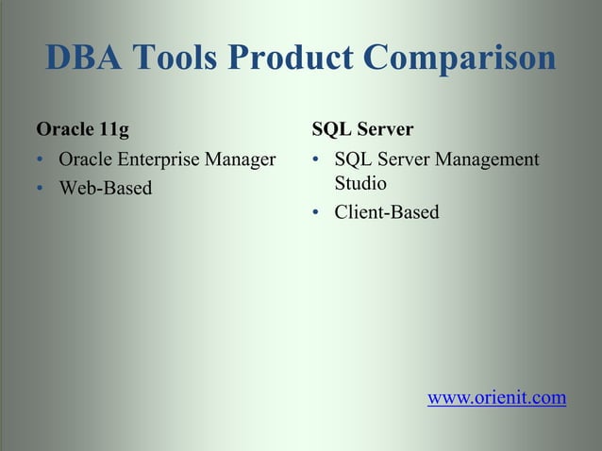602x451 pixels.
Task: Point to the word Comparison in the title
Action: (460, 58)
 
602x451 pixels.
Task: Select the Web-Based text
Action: (105, 188)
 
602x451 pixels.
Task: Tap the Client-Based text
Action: (387, 212)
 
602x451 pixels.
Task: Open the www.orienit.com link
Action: (497, 397)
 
